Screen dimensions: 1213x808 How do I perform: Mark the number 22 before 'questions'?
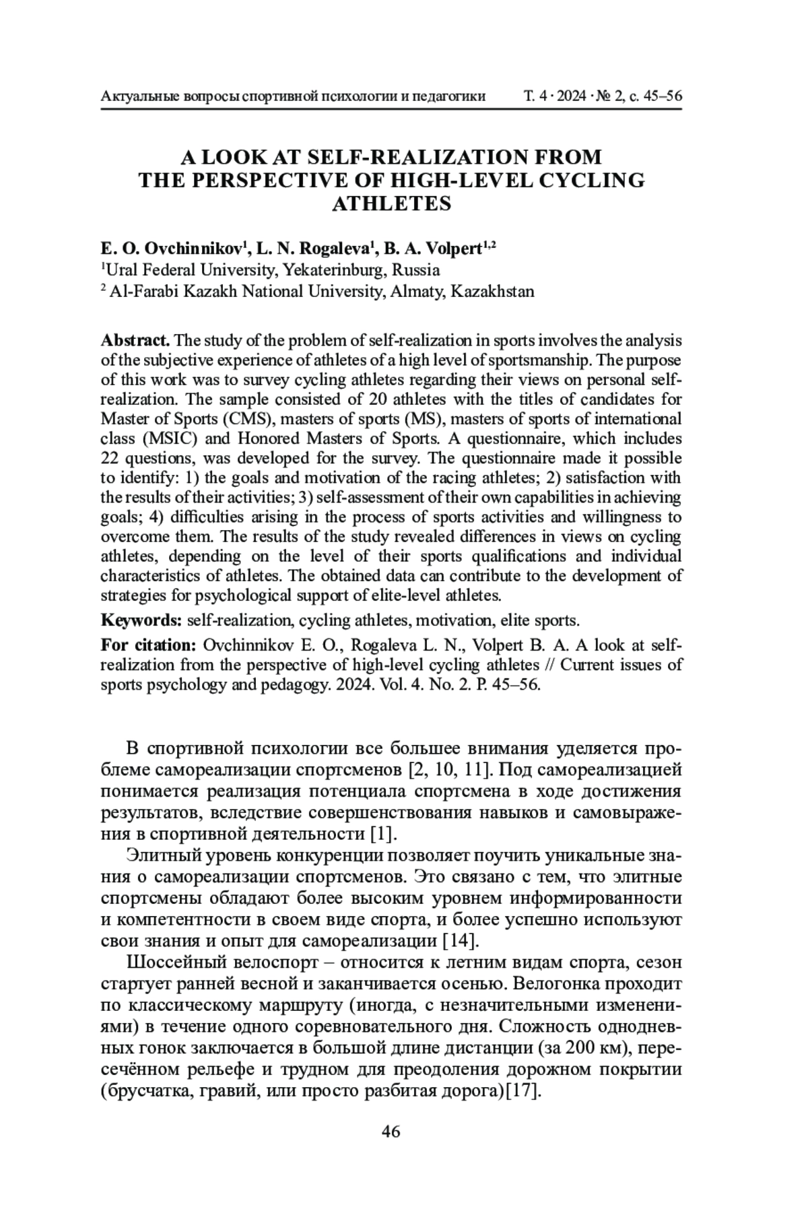tap(110, 458)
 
